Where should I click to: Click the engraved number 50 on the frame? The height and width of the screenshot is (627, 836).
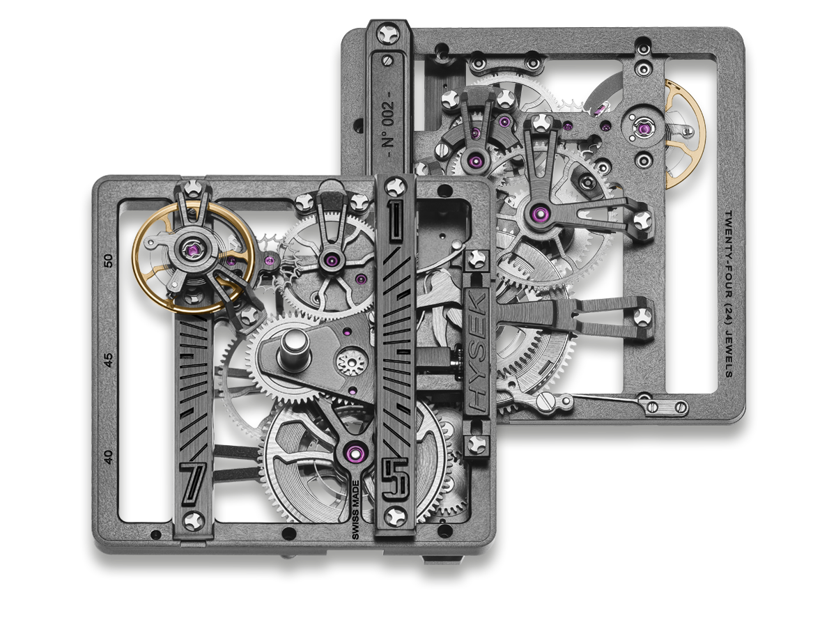109,261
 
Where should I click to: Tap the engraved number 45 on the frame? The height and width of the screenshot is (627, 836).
109,359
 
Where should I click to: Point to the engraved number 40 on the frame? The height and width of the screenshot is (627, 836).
109,457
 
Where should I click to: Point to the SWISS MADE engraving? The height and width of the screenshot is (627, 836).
355,510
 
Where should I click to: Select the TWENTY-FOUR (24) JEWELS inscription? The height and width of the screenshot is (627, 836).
729,293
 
